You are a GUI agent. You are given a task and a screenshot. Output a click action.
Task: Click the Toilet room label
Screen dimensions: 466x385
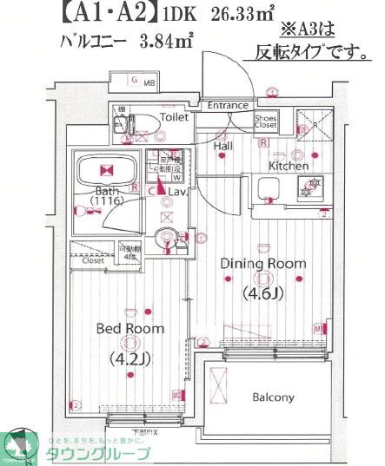tap(175, 116)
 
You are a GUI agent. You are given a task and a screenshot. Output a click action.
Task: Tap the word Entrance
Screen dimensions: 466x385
tap(228, 105)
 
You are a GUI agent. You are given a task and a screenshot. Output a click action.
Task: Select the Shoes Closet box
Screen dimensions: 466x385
tap(265, 121)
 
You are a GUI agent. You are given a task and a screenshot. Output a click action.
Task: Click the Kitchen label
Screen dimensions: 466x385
tap(288, 165)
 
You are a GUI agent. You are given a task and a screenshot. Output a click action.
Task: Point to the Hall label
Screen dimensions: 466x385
tap(222, 146)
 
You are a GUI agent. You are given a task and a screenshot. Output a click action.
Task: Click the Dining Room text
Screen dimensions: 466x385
tap(262, 263)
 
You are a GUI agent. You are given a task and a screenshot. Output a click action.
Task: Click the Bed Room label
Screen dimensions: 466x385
tap(129, 329)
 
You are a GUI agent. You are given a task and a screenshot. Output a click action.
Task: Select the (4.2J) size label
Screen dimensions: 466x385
tap(129, 357)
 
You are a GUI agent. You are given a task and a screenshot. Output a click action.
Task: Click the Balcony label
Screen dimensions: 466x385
tap(273, 398)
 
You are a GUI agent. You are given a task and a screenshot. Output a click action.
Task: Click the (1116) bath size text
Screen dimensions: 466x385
tap(107, 201)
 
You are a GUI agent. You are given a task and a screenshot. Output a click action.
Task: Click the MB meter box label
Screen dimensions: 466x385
tap(148, 82)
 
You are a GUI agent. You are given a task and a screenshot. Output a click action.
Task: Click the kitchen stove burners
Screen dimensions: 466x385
tap(311, 184)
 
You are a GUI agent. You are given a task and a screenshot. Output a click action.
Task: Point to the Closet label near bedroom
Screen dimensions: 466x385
tap(93, 259)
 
